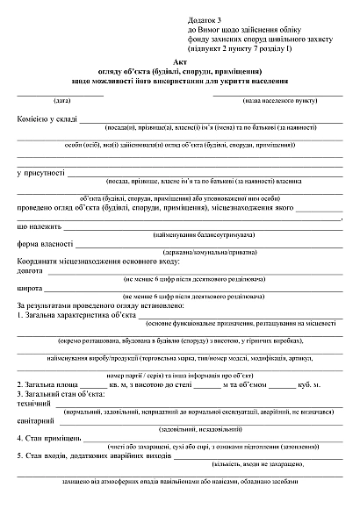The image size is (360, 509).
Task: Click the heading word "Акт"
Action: [x=181, y=63]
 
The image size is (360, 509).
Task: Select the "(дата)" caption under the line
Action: [x=61, y=101]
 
